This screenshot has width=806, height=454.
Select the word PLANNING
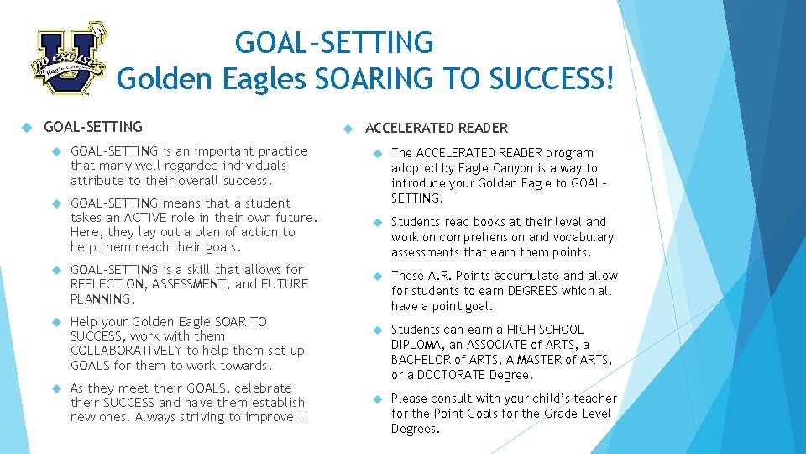coord(102,299)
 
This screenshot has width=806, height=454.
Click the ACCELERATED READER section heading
coord(437,129)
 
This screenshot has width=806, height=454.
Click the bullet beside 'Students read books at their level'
coord(378,223)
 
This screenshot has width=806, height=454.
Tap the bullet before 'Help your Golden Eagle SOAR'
coord(57,322)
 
